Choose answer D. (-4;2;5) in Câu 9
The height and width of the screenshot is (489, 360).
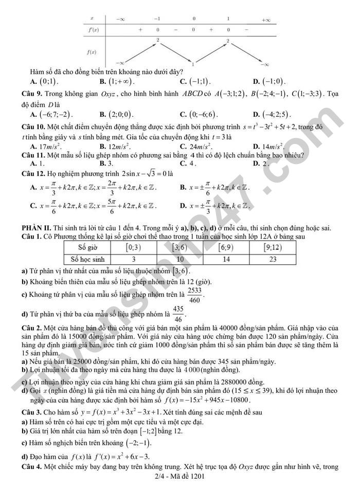click(x=272, y=115)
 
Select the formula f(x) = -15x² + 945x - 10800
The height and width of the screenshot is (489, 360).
click(x=207, y=400)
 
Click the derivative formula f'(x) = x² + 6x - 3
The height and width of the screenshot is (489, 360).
click(x=118, y=456)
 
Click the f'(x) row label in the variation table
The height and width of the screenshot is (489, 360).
click(x=93, y=30)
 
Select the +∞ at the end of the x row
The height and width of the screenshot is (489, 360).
click(x=265, y=20)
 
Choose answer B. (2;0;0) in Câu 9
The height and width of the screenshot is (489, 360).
click(x=116, y=115)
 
